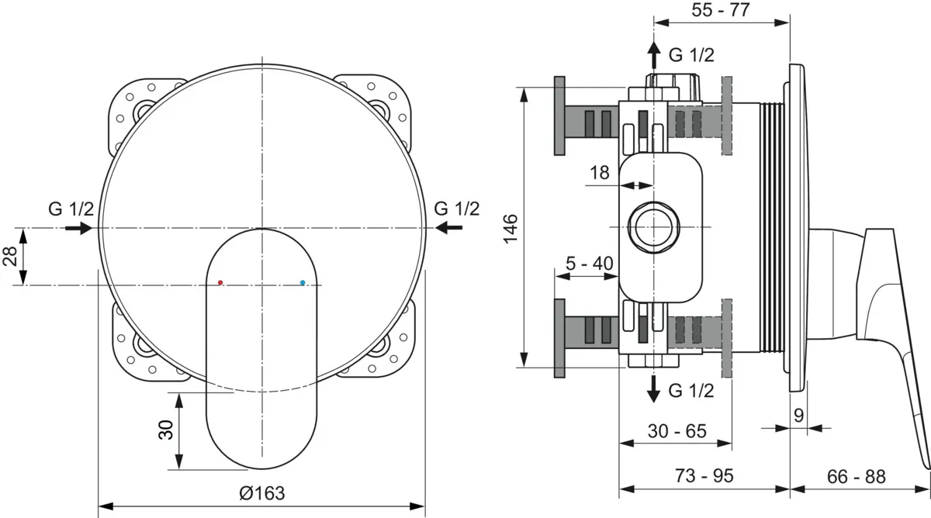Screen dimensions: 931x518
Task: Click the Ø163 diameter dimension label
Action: click(262, 493)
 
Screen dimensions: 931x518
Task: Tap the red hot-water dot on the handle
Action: click(220, 282)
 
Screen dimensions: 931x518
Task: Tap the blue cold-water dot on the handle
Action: click(303, 282)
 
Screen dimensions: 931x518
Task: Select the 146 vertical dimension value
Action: click(510, 229)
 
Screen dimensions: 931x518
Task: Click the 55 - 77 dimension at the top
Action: click(721, 9)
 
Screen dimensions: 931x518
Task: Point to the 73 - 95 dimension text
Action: click(704, 475)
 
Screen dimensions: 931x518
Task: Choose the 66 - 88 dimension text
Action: click(857, 476)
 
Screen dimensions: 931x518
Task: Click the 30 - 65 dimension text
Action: click(677, 431)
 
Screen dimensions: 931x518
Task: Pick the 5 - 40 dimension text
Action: click(590, 263)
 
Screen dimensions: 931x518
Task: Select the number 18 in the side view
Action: click(599, 172)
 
